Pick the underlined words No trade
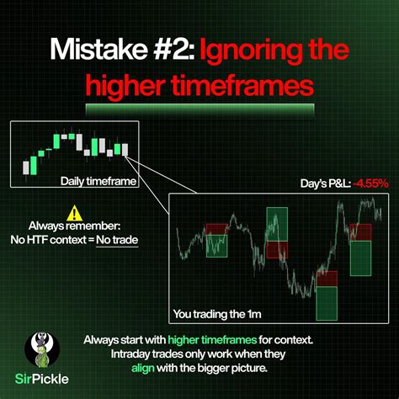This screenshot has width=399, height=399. pos(117,240)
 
